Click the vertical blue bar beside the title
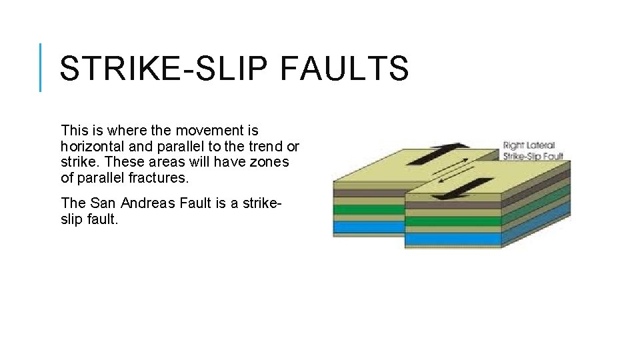pyautogui.click(x=41, y=67)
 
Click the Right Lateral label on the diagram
pyautogui.click(x=529, y=145)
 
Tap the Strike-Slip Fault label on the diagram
pyautogui.click(x=533, y=156)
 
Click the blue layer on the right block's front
pyautogui.click(x=453, y=239)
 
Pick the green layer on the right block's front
pyautogui.click(x=453, y=221)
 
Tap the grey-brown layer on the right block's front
pyautogui.click(x=453, y=205)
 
